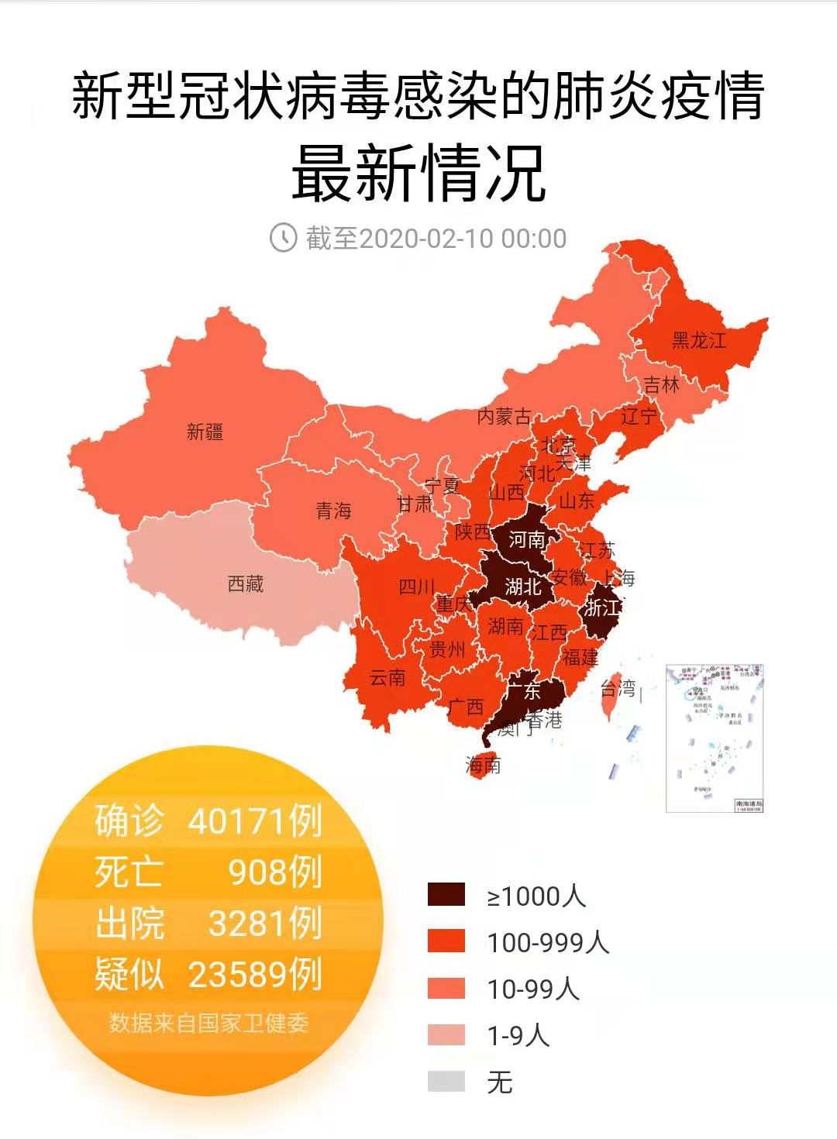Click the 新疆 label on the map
click(x=205, y=432)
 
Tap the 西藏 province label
click(x=246, y=583)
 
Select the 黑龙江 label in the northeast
click(x=698, y=340)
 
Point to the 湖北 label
click(x=523, y=587)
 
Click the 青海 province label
click(x=333, y=511)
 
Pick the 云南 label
click(x=387, y=678)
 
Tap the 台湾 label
click(x=618, y=687)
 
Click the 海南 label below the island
click(x=483, y=766)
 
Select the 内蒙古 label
click(x=504, y=417)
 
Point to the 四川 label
click(x=417, y=587)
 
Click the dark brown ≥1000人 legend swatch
click(x=446, y=895)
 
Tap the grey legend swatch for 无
click(x=446, y=1081)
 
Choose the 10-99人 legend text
click(x=533, y=989)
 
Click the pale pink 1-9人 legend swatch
click(x=446, y=1034)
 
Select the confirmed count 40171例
click(x=255, y=821)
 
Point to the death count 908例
click(x=275, y=872)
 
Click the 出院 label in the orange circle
click(x=129, y=924)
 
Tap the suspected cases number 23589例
click(x=255, y=975)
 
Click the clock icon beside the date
click(x=283, y=237)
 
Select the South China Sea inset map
click(x=715, y=738)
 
